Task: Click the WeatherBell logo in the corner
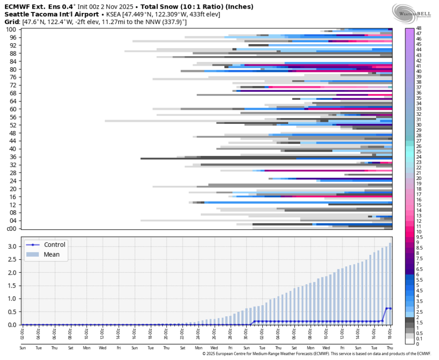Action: point(411,12)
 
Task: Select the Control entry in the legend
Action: point(54,245)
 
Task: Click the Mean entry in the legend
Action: point(51,254)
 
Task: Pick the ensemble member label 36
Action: point(13,157)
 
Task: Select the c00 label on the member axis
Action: point(12,228)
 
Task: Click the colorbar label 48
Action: point(419,28)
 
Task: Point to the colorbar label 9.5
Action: point(419,237)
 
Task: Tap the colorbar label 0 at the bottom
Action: point(417,344)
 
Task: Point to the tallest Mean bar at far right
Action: point(390,284)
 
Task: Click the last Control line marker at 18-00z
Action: point(390,308)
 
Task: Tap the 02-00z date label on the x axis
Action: point(23,333)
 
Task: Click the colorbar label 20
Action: point(419,178)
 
